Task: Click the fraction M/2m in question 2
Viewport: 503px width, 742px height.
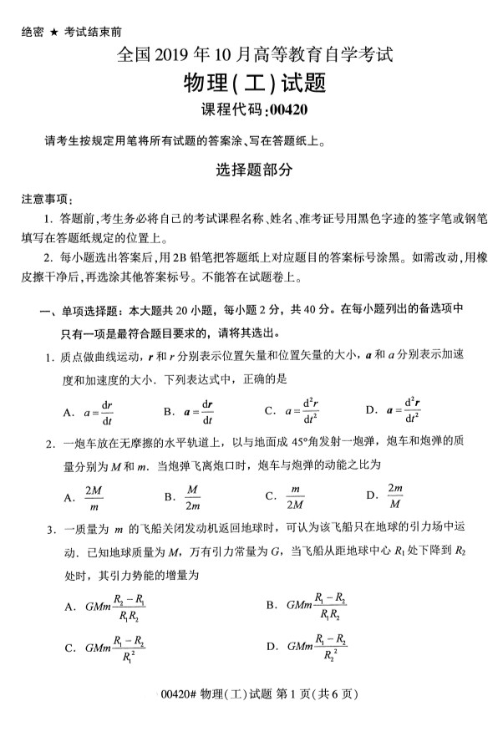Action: pyautogui.click(x=192, y=496)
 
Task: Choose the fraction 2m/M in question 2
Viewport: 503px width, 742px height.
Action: pyautogui.click(x=395, y=496)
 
